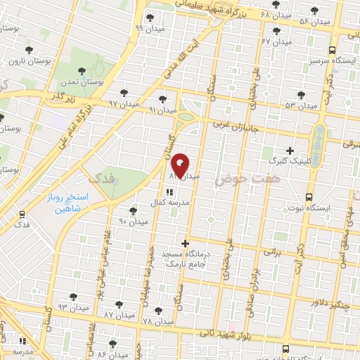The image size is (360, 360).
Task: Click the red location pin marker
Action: [181, 165]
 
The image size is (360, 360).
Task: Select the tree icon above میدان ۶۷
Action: [276, 31]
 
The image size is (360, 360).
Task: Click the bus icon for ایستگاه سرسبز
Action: [332, 50]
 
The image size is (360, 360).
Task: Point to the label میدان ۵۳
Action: [301, 105]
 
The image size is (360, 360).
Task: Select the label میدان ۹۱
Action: [162, 110]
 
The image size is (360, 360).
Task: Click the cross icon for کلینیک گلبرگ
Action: [290, 150]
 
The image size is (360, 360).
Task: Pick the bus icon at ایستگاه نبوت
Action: [309, 198]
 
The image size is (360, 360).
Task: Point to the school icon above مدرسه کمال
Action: [169, 191]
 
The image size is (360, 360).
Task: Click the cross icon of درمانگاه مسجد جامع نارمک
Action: [185, 243]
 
